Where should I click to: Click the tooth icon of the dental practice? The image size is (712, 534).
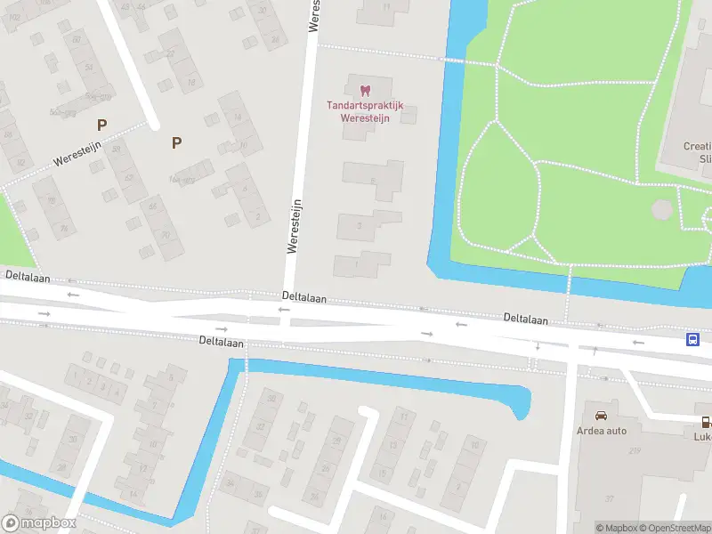tap(364, 90)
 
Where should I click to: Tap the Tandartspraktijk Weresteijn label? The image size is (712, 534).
tap(365, 111)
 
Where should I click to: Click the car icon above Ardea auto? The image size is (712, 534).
tap(602, 416)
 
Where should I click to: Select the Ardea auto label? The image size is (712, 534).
tap(603, 431)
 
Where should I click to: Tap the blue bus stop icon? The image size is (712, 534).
tap(692, 339)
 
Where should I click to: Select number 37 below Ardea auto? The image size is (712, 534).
tap(611, 498)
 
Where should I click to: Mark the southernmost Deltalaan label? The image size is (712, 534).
tap(220, 341)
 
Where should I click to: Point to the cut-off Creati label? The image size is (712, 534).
tap(697, 146)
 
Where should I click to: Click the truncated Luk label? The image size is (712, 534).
tap(703, 436)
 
